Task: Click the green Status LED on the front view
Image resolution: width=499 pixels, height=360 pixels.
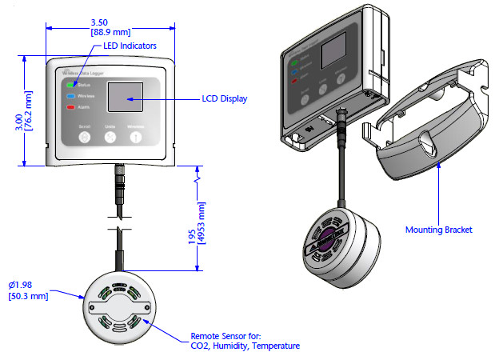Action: tap(72, 83)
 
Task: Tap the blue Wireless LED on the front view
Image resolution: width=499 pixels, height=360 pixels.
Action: tap(72, 95)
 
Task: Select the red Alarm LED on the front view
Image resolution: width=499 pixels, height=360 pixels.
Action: tap(72, 106)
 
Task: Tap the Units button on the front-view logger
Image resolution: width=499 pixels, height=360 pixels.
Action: tap(110, 137)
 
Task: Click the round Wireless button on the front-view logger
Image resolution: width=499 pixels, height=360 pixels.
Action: tap(136, 137)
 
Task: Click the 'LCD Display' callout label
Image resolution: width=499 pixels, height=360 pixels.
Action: tap(224, 99)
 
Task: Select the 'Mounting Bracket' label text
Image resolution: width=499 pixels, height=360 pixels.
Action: tap(439, 230)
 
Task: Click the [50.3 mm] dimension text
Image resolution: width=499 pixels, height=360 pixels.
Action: tap(30, 297)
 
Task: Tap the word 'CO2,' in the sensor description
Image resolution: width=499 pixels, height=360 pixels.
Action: tap(201, 346)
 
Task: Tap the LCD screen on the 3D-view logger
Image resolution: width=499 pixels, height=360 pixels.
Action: tap(333, 57)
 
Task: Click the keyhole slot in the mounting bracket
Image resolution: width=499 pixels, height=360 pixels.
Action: tap(429, 146)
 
